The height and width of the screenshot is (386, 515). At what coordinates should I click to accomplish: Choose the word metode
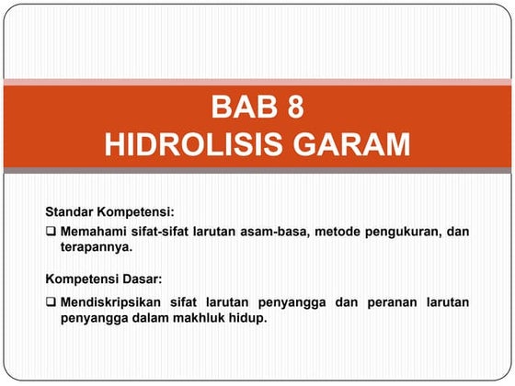pyautogui.click(x=338, y=232)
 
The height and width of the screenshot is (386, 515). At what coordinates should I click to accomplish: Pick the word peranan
pyautogui.click(x=395, y=302)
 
